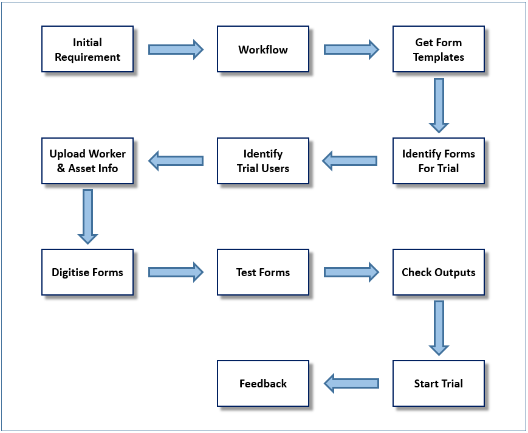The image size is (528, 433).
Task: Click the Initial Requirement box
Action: click(87, 49)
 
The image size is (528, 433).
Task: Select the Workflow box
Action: click(263, 49)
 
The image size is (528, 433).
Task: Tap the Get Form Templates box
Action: click(439, 49)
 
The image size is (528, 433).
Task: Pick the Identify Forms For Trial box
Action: click(439, 161)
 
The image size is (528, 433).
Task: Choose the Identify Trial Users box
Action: click(263, 161)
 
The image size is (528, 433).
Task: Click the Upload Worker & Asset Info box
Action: click(87, 161)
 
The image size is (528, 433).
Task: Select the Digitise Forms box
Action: click(87, 272)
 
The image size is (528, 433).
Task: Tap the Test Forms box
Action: click(263, 272)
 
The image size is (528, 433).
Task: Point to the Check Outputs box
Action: click(439, 272)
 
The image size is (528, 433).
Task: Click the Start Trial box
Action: click(439, 383)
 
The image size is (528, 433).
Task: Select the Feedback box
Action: click(263, 383)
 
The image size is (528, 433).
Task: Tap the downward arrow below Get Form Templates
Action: click(439, 105)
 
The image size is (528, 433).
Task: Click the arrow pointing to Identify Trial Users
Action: click(349, 161)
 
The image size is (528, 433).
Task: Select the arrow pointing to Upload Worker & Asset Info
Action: click(176, 161)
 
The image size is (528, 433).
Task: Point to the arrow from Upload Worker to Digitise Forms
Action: click(87, 216)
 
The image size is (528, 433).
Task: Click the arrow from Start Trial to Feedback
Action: click(351, 383)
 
